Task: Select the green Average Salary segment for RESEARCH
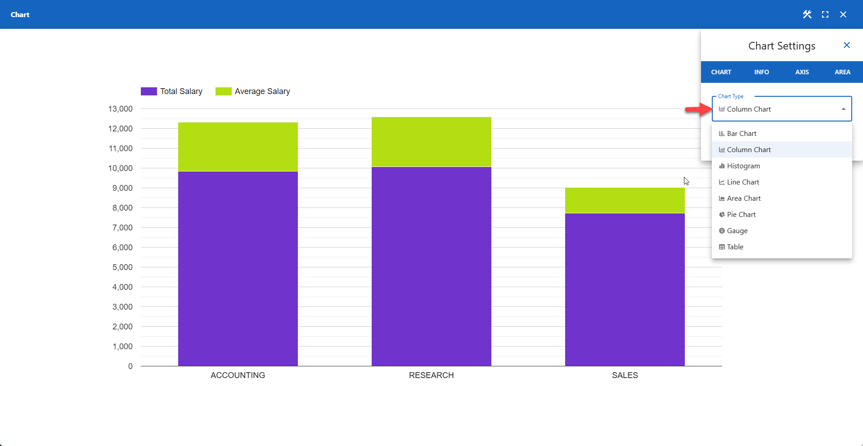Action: [431, 142]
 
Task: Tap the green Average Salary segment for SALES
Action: [625, 200]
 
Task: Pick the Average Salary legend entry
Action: [253, 91]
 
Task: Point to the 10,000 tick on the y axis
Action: [121, 168]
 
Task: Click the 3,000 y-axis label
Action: [122, 307]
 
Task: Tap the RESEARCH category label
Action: [431, 375]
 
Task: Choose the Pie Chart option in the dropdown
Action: [741, 215]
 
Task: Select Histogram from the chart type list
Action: [743, 166]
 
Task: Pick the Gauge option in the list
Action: [737, 231]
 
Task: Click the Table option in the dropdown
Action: [735, 247]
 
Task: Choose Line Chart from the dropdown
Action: [743, 182]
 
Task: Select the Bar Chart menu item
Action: [742, 134]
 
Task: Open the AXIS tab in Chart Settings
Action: [802, 72]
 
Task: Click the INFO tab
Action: [761, 72]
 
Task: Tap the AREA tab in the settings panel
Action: [842, 72]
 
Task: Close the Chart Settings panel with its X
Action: [846, 45]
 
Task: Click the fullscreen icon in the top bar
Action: [825, 14]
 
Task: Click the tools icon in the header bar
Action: [807, 14]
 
